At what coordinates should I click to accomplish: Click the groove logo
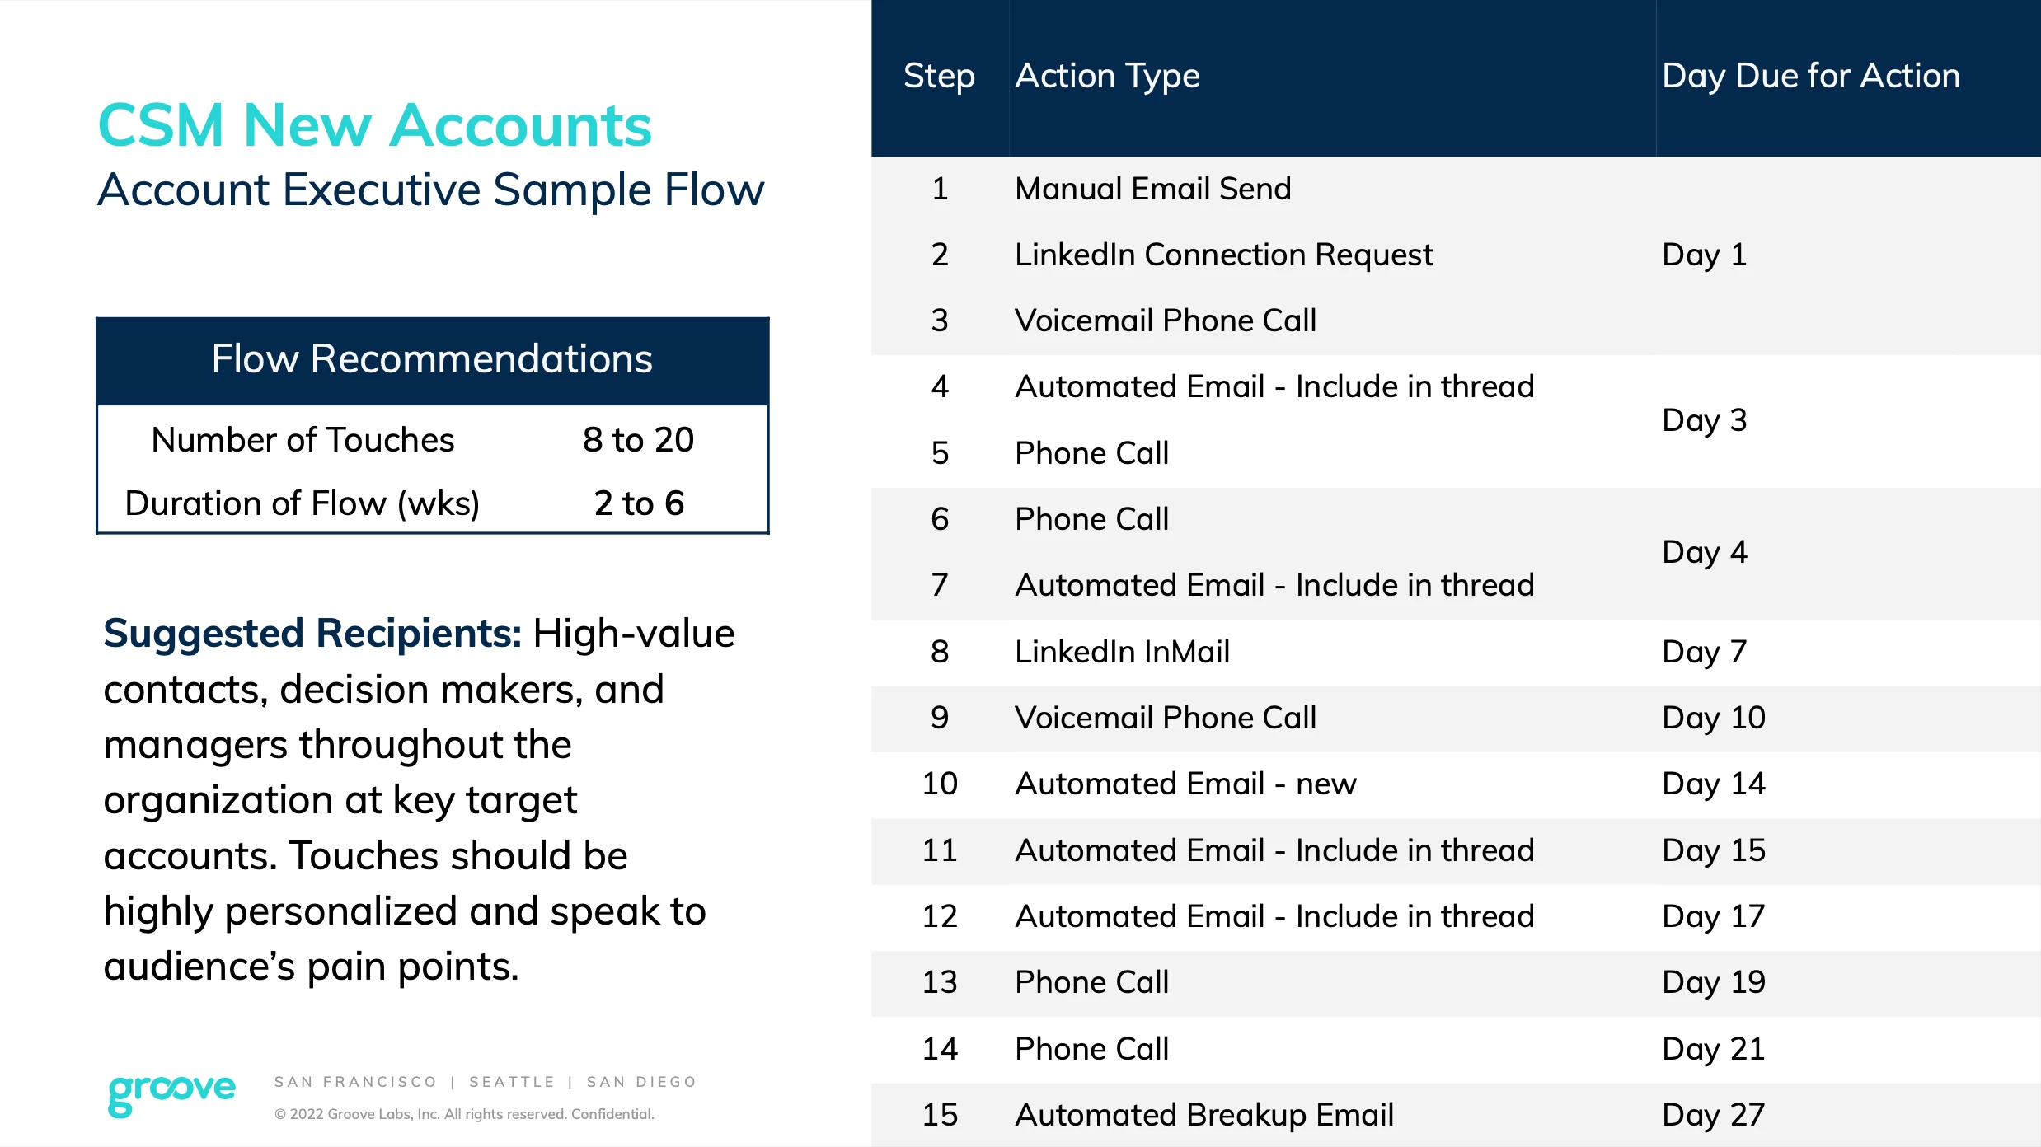pos(171,1093)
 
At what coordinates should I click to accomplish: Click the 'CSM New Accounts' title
pos(375,125)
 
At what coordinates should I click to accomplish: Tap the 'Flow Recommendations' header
pos(432,359)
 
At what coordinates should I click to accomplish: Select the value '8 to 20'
pos(638,440)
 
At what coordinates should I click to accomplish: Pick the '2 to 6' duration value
pos(639,503)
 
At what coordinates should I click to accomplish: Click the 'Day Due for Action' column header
pos(1810,77)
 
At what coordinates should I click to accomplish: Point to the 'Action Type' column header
pos(1107,77)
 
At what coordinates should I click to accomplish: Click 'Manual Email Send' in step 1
pos(1152,189)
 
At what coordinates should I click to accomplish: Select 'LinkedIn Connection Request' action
pos(1223,255)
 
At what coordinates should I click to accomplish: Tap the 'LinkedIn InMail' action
pos(1122,652)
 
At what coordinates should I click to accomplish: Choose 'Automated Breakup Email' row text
pos(1203,1115)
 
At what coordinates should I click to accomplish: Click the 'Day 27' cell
pos(1713,1115)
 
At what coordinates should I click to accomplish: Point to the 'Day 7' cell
pos(1704,652)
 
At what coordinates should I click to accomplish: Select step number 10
pos(940,784)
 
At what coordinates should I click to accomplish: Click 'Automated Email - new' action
pos(1185,784)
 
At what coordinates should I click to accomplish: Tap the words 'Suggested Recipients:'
pos(312,633)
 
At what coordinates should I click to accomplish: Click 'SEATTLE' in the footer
pos(512,1082)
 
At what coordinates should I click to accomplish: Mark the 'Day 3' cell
pos(1704,420)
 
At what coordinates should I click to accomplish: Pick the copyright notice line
pos(464,1114)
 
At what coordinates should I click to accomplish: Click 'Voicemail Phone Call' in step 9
pos(1166,718)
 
